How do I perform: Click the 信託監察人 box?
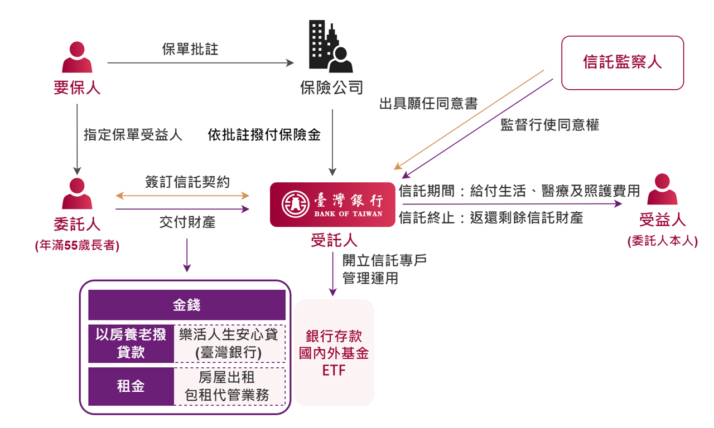(x=622, y=62)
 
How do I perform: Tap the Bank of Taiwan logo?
(x=333, y=205)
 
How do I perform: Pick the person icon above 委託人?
(x=77, y=194)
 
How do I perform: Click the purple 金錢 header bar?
(x=187, y=305)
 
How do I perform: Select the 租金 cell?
(x=131, y=386)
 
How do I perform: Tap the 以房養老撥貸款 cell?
(x=131, y=343)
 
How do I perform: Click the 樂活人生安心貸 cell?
(x=229, y=343)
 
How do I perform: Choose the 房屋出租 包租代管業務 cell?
(x=229, y=386)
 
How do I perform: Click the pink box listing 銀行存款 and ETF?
(x=334, y=353)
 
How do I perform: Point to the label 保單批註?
(x=190, y=50)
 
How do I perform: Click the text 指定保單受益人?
(x=133, y=135)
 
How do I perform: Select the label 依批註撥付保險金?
(x=264, y=135)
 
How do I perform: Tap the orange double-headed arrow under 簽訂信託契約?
(x=182, y=196)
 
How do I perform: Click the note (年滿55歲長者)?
(x=77, y=245)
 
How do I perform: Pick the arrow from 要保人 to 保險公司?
(x=200, y=63)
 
